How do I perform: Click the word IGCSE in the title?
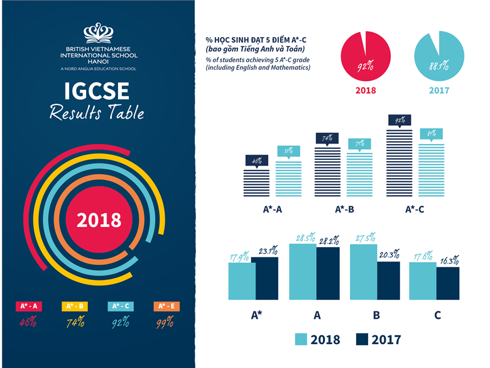(x=97, y=92)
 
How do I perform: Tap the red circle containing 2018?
(x=99, y=220)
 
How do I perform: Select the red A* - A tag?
(x=28, y=306)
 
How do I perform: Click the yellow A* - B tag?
(x=75, y=306)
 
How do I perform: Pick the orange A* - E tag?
(x=166, y=306)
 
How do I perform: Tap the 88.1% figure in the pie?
(x=438, y=65)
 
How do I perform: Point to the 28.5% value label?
(x=302, y=238)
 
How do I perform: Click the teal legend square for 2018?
(x=302, y=339)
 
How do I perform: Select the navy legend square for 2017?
(x=362, y=339)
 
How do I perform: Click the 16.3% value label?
(x=447, y=259)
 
